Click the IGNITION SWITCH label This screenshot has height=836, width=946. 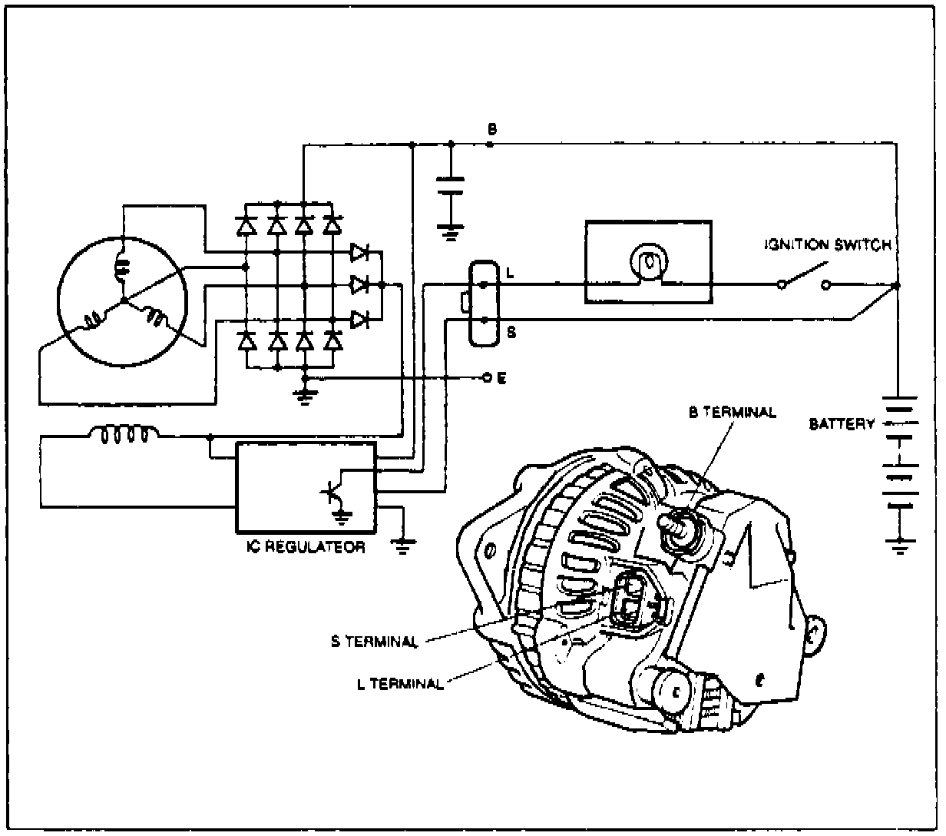[x=827, y=246]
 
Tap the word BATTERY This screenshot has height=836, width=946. [x=842, y=423]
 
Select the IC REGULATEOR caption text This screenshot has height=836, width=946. [x=306, y=548]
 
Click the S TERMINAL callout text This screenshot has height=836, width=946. [x=374, y=642]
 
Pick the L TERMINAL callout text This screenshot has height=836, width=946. [x=400, y=683]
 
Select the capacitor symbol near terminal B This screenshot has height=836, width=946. [x=450, y=187]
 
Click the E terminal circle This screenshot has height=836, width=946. [x=485, y=378]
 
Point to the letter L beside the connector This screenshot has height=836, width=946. [x=510, y=273]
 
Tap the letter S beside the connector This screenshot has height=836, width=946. [x=510, y=331]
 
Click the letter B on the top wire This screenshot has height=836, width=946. [x=491, y=128]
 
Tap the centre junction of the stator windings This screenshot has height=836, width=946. [x=123, y=301]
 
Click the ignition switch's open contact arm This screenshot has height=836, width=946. [x=804, y=274]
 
